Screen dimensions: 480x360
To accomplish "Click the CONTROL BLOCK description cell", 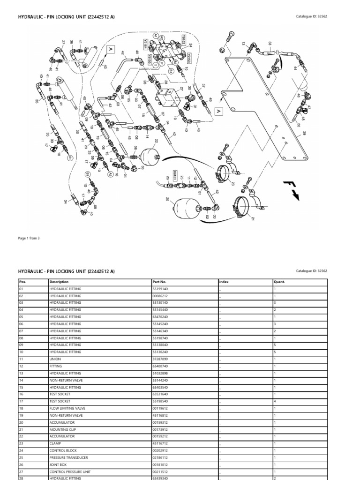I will point(62,450).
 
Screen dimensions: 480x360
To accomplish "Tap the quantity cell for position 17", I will point(275,401).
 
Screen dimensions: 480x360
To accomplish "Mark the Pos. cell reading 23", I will point(22,443).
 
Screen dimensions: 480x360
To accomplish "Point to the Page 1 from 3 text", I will point(29,238).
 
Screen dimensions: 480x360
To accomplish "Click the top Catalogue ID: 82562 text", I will point(311,17).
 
